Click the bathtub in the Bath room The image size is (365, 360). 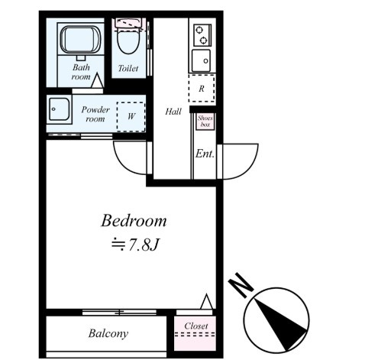(x=80, y=40)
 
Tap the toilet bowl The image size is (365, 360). (x=128, y=41)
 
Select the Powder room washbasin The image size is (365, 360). (x=59, y=109)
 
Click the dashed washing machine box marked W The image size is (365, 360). (x=131, y=117)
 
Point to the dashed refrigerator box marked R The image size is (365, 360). (x=202, y=88)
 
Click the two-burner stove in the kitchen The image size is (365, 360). (x=202, y=35)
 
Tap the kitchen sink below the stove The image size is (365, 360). (x=201, y=60)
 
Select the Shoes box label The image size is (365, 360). (x=205, y=122)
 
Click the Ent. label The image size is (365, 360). (x=205, y=154)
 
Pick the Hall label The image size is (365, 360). (x=173, y=112)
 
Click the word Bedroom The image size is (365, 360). (x=134, y=221)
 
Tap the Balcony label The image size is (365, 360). (x=108, y=333)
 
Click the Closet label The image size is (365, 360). (x=196, y=326)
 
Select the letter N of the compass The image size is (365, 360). (x=241, y=285)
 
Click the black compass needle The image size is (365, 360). (x=279, y=323)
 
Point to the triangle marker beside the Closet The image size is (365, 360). (x=206, y=301)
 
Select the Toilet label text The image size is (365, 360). (x=128, y=68)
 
